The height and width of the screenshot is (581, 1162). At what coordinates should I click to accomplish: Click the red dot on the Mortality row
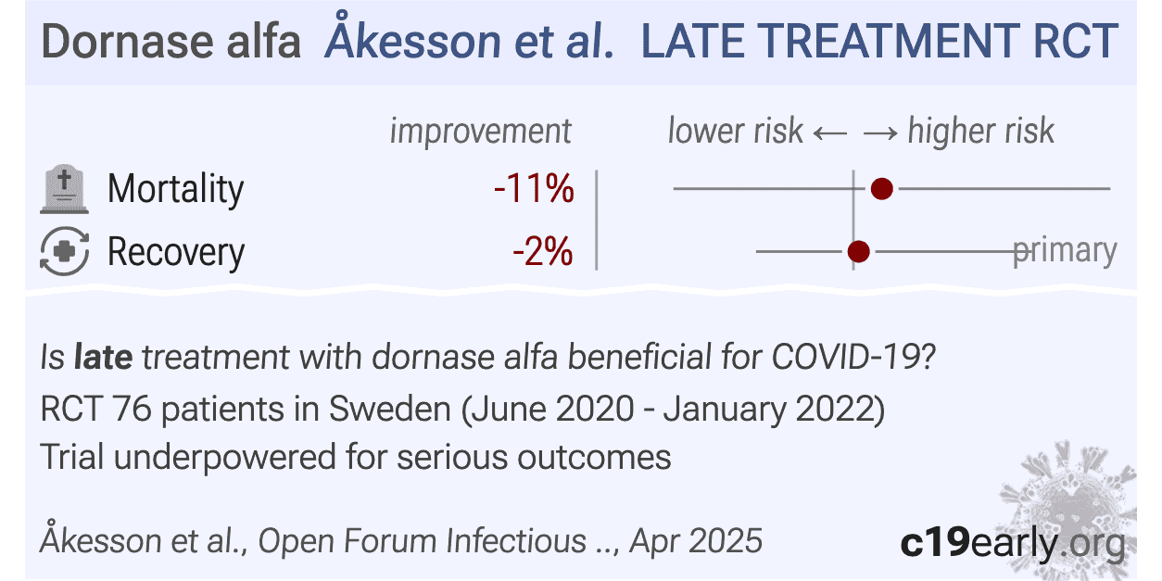pyautogui.click(x=881, y=189)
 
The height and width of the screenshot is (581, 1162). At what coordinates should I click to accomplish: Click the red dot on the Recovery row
pyautogui.click(x=859, y=251)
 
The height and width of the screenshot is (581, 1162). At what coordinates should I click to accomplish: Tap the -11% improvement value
pyautogui.click(x=534, y=189)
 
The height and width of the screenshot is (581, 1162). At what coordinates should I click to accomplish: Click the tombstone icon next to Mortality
pyautogui.click(x=64, y=189)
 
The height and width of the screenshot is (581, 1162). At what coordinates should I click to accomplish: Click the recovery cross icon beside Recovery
pyautogui.click(x=64, y=251)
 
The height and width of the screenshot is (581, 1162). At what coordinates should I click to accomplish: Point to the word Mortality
pyautogui.click(x=175, y=189)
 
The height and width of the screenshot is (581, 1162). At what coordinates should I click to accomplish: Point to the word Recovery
pyautogui.click(x=175, y=251)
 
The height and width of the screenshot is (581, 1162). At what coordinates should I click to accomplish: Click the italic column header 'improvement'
pyautogui.click(x=480, y=132)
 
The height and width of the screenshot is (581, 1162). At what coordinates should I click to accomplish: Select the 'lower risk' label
pyautogui.click(x=735, y=132)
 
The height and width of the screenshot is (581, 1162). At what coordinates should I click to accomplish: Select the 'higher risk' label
pyautogui.click(x=980, y=132)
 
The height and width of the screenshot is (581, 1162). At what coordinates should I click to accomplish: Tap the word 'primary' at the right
pyautogui.click(x=1065, y=250)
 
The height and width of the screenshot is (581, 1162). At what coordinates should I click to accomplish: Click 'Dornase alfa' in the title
pyautogui.click(x=171, y=43)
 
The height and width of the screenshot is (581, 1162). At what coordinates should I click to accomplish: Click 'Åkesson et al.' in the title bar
pyautogui.click(x=469, y=43)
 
